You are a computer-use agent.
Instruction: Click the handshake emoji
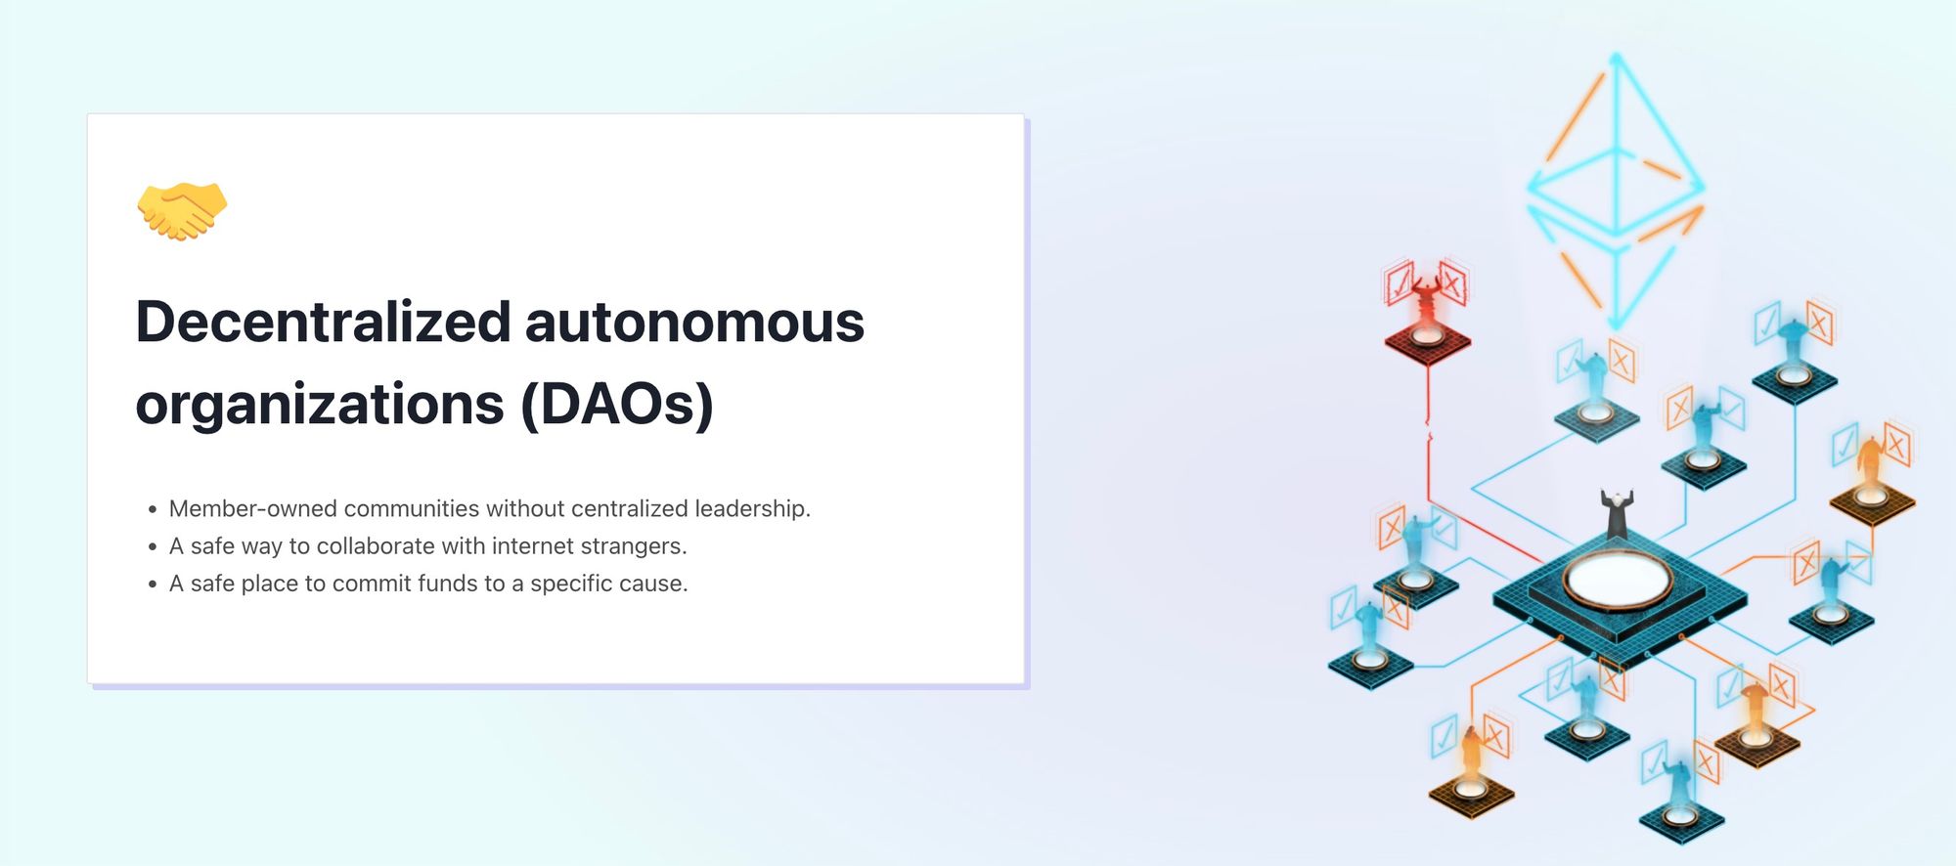pos(182,210)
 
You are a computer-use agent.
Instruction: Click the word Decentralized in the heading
pos(323,322)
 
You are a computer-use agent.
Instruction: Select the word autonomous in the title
pos(695,324)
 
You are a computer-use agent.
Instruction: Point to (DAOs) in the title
pos(617,404)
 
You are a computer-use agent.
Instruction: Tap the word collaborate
pos(377,545)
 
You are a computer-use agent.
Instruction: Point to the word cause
pos(657,584)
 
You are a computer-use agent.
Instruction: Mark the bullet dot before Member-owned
pos(153,510)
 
